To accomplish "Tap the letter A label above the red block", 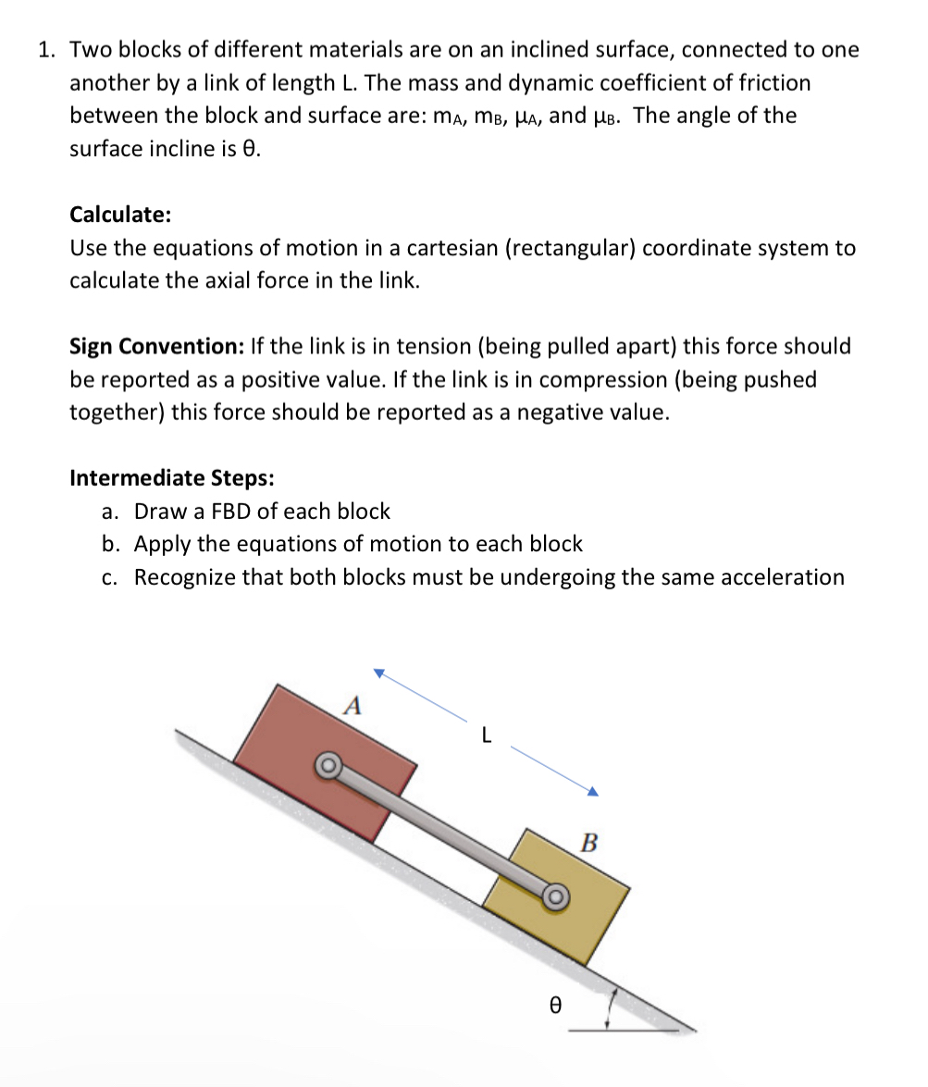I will (x=351, y=706).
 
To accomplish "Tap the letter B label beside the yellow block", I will (x=589, y=843).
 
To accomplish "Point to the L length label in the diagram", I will (x=487, y=736).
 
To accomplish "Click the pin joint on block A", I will (x=328, y=764).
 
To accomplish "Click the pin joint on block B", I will (x=554, y=896).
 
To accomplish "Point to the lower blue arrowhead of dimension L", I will (x=593, y=791).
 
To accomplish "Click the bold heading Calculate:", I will (x=119, y=215).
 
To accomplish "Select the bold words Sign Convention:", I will (x=155, y=347).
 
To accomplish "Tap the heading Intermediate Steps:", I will (x=171, y=478).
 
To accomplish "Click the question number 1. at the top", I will (x=48, y=50).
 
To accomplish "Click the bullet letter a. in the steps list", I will (x=111, y=512).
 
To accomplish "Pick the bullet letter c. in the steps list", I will (x=111, y=578).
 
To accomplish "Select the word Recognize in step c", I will (x=184, y=578).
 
